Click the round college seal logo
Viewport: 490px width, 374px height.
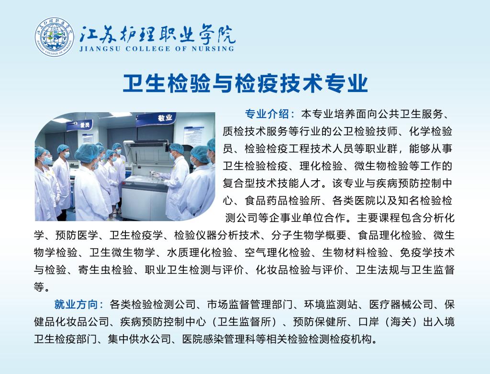[x=55, y=37]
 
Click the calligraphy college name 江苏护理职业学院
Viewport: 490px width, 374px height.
[x=157, y=34]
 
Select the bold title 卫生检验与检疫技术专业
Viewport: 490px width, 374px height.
[x=245, y=83]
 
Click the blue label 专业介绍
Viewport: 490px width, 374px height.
[x=267, y=114]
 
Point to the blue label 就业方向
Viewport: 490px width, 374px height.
[x=76, y=304]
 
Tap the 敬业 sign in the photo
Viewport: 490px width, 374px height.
[x=165, y=118]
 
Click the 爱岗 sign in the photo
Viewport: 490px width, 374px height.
[x=84, y=125]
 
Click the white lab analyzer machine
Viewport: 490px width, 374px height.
[x=147, y=175]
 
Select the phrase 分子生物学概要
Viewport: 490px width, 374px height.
[x=309, y=235]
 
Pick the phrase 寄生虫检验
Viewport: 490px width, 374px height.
[x=105, y=269]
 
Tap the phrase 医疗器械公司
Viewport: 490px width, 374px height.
[x=401, y=304]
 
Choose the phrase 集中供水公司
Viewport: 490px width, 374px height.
[x=139, y=339]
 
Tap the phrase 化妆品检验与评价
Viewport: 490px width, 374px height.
[x=300, y=269]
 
